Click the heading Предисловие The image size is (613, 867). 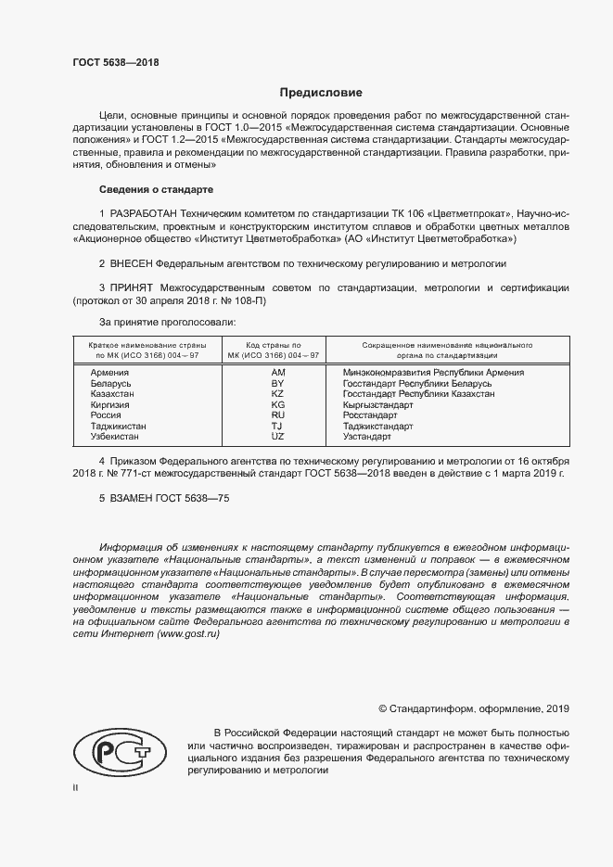click(x=321, y=93)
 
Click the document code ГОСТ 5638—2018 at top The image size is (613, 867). click(x=116, y=62)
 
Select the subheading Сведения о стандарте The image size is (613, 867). click(x=156, y=189)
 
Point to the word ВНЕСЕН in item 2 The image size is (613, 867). click(x=131, y=263)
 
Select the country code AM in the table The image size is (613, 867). click(x=276, y=373)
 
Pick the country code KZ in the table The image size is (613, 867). click(x=276, y=394)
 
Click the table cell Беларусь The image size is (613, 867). click(x=111, y=384)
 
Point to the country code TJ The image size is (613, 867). click(x=276, y=426)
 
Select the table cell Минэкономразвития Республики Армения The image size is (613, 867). click(x=433, y=373)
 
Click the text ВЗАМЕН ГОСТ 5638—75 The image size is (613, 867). click(x=164, y=498)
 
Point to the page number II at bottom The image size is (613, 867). click(x=75, y=787)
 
